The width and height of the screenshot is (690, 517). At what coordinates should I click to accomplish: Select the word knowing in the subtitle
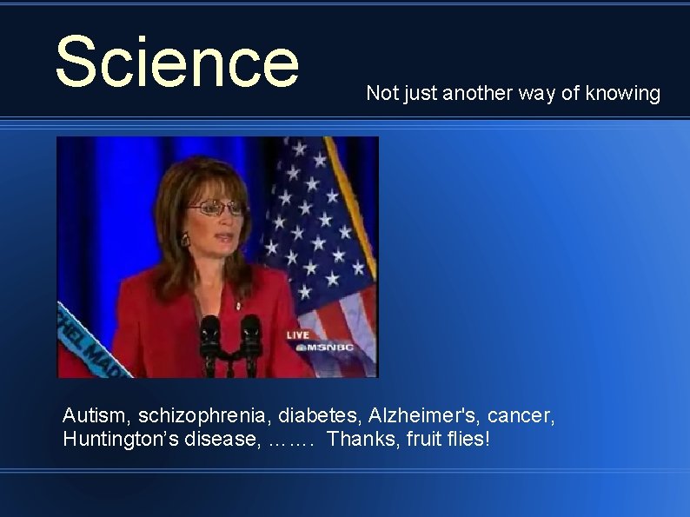click(x=623, y=93)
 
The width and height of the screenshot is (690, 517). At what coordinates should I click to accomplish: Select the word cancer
click(x=524, y=417)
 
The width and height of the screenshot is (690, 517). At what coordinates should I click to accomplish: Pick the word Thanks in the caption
click(x=361, y=440)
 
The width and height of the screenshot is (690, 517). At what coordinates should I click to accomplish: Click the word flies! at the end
click(x=469, y=440)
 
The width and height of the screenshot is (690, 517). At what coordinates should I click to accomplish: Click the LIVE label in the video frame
click(x=298, y=335)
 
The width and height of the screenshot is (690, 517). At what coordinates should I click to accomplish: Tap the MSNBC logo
click(x=312, y=348)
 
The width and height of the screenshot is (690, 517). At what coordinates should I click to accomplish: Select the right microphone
click(x=250, y=335)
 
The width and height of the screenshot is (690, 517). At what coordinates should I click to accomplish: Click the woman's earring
click(x=184, y=239)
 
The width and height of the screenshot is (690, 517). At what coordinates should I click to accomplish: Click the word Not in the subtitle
click(x=381, y=93)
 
